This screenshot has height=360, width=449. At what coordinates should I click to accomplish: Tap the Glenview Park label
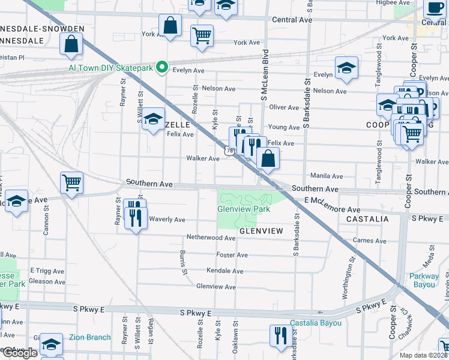(244, 209)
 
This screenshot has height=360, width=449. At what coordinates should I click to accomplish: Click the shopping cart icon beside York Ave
(202, 35)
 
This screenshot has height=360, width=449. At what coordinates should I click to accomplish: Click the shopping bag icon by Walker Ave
(268, 158)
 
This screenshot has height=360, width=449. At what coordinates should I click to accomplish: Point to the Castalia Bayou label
(315, 323)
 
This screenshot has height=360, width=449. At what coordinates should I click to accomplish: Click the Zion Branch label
(89, 337)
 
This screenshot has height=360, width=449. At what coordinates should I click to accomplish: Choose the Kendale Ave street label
(224, 271)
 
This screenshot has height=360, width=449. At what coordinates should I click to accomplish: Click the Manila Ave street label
(326, 176)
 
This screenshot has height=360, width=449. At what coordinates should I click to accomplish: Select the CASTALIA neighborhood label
(368, 220)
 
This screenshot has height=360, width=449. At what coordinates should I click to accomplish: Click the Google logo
(20, 353)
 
